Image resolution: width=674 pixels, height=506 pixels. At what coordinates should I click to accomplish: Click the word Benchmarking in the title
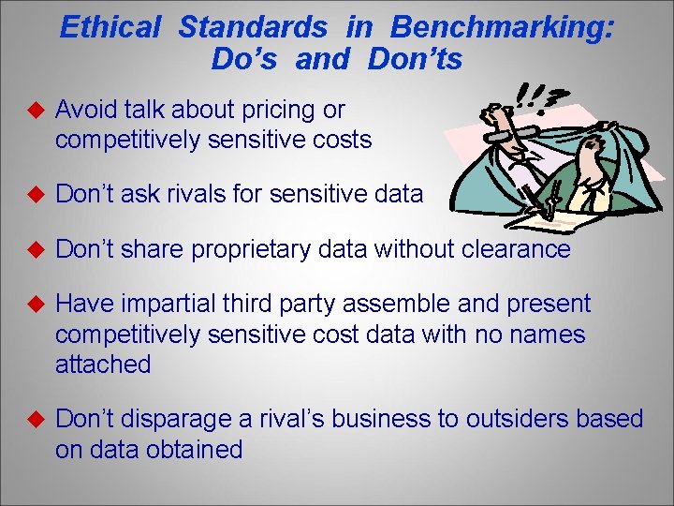click(x=502, y=27)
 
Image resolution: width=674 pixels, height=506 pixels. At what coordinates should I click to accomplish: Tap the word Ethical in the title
click(x=110, y=27)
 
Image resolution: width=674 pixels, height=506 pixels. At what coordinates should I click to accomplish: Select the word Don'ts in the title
click(x=416, y=60)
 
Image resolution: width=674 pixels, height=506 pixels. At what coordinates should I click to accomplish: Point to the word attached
click(x=103, y=365)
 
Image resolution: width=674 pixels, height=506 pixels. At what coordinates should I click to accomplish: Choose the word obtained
click(x=195, y=450)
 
